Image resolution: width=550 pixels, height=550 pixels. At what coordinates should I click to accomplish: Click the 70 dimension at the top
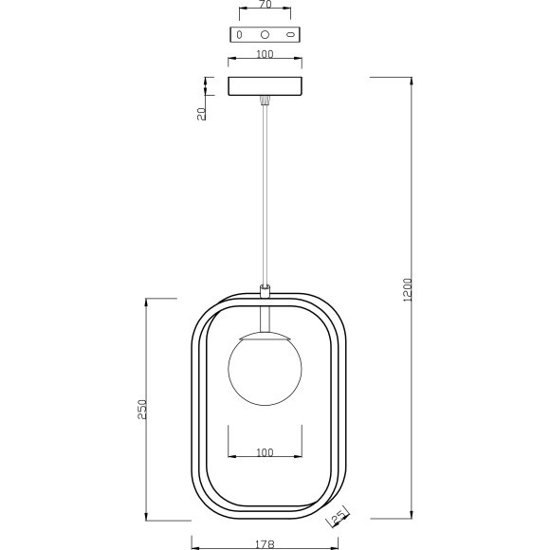[265, 5]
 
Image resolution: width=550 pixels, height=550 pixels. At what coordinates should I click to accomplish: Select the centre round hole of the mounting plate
[265, 34]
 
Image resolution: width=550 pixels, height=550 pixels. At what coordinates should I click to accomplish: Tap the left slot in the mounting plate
[239, 34]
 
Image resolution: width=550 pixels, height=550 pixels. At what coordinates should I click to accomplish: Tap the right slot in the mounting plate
[290, 34]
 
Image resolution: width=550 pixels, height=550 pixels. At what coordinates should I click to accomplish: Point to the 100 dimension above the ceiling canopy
[265, 54]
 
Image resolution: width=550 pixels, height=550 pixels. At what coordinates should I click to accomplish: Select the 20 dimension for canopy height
[201, 113]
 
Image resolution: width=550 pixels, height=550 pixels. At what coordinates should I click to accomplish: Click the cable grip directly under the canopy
[265, 99]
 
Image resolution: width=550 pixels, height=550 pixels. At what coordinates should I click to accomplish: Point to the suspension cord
[265, 190]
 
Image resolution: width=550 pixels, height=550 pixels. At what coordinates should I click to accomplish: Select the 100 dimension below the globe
[265, 452]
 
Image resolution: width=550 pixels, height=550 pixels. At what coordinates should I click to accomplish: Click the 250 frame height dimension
[143, 409]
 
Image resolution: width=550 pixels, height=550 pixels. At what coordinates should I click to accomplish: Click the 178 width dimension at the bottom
[265, 544]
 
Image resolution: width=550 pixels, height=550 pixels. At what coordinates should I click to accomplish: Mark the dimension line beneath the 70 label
[265, 13]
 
